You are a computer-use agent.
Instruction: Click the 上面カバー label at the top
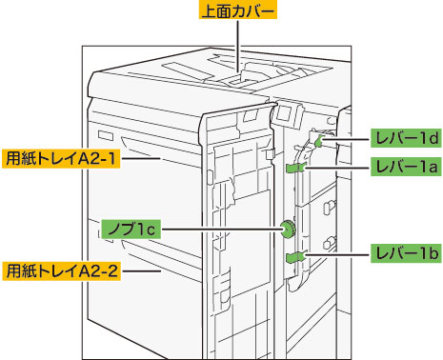pyautogui.click(x=238, y=10)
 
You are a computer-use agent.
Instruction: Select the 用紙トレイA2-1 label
pyautogui.click(x=61, y=158)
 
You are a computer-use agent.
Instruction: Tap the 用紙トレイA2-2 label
pyautogui.click(x=62, y=270)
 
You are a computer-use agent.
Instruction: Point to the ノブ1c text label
pyautogui.click(x=131, y=229)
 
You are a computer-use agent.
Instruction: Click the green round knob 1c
pyautogui.click(x=288, y=230)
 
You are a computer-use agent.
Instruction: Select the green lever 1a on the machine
pyautogui.click(x=296, y=168)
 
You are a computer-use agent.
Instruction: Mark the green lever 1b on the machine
pyautogui.click(x=295, y=256)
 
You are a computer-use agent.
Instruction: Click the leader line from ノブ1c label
pyautogui.click(x=221, y=229)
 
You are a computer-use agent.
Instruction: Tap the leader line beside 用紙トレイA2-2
pyautogui.click(x=142, y=270)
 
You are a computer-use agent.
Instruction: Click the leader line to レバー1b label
pyautogui.click(x=337, y=253)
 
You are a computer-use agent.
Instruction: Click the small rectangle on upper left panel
pyautogui.click(x=106, y=135)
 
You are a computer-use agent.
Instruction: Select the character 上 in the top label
pyautogui.click(x=209, y=11)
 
